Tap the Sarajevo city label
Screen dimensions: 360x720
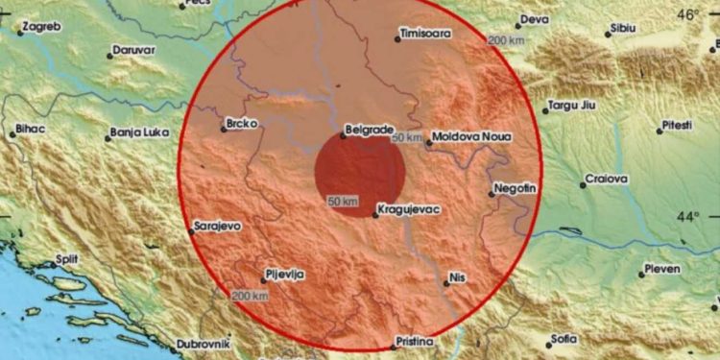pos(217,226)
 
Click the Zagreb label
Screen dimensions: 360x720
pos(41,27)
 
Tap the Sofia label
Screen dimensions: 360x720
pos(564,338)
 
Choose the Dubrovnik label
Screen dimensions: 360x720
pos(202,344)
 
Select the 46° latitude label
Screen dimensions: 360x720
pos(687,14)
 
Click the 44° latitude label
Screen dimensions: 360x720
pos(687,217)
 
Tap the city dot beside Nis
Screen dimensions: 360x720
pos(445,281)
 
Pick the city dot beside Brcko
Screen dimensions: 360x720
pos(223,130)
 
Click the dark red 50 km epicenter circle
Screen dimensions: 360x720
pos(360,173)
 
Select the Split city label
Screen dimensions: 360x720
pos(65,259)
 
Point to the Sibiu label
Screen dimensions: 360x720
pos(623,29)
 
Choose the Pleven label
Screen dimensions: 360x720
pos(660,270)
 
